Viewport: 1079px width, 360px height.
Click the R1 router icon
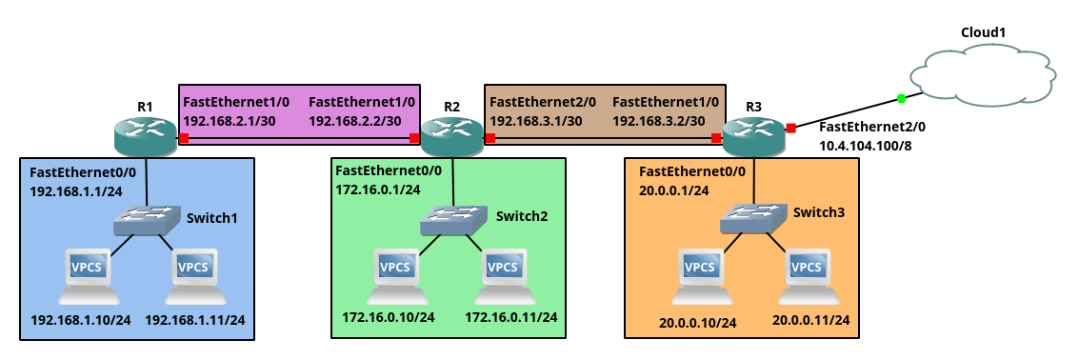click(x=145, y=136)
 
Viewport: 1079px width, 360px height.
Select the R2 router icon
click(x=451, y=136)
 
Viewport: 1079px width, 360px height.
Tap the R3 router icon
click(x=754, y=136)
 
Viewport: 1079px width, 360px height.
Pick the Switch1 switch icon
click(x=145, y=221)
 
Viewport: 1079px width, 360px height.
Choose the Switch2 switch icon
click(x=451, y=220)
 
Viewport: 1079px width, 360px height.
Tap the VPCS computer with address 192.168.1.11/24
click(x=193, y=272)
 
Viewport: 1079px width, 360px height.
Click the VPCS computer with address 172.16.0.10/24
click(x=395, y=272)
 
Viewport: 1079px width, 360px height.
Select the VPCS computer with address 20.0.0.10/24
click(x=700, y=272)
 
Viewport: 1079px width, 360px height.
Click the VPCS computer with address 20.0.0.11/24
click(x=809, y=272)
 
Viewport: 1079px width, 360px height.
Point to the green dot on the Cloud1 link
click(x=900, y=98)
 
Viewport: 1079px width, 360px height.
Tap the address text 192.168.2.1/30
click(x=229, y=121)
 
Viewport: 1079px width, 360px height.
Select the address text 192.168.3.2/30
click(x=658, y=121)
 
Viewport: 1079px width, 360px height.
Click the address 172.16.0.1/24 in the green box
click(x=378, y=190)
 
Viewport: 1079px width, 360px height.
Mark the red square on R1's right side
click(x=183, y=138)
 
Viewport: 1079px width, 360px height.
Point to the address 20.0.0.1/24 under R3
click(x=673, y=190)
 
